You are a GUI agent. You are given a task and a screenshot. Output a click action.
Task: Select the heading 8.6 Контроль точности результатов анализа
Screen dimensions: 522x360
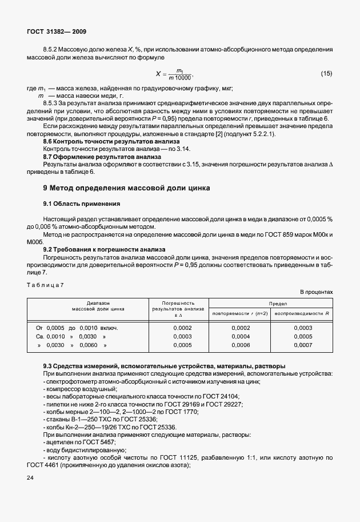pos(111,141)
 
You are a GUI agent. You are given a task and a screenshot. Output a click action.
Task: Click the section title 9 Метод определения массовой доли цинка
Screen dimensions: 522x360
pos(127,187)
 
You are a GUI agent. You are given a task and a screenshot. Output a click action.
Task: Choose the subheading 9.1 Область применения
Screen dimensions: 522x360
pos(82,203)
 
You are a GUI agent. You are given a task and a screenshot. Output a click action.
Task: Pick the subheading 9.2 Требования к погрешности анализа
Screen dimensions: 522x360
pos(105,249)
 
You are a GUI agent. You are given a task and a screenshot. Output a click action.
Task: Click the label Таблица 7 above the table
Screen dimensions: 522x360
pos(46,285)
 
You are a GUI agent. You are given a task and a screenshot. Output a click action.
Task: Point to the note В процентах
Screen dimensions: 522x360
pos(316,292)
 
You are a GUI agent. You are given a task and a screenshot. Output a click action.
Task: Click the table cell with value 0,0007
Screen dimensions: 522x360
pos(303,346)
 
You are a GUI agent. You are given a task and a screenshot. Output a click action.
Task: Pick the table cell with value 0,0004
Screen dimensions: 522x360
pos(241,337)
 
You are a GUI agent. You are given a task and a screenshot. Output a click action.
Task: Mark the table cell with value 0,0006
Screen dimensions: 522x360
pos(241,346)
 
